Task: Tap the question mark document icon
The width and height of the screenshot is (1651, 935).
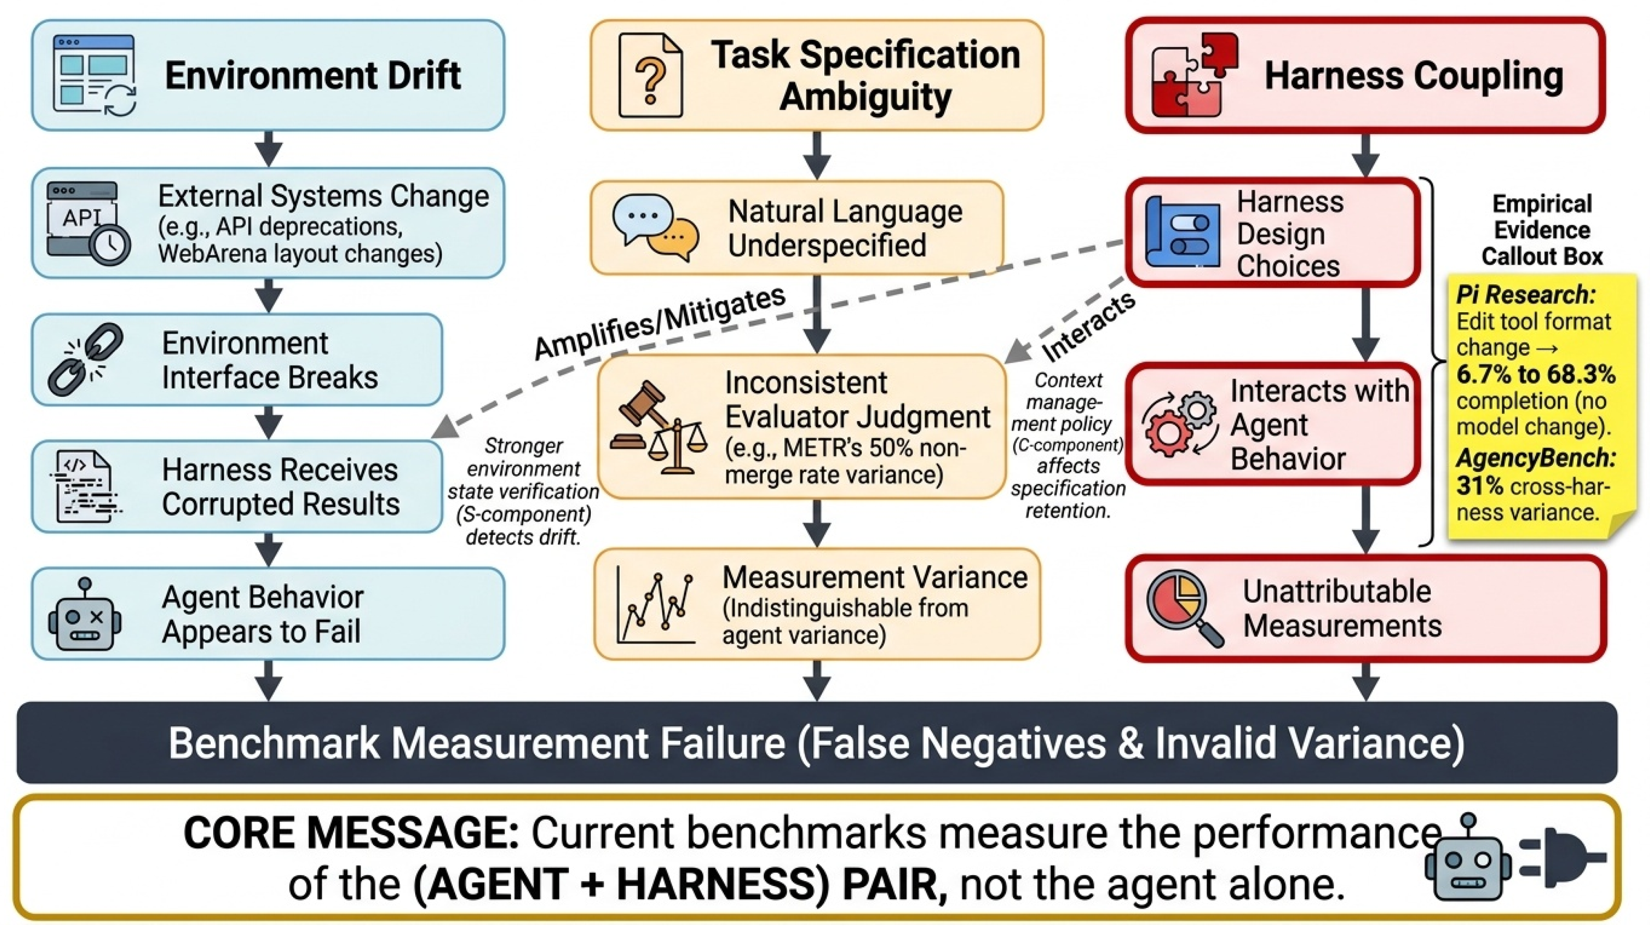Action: (650, 76)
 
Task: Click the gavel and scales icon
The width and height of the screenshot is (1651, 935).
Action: (658, 427)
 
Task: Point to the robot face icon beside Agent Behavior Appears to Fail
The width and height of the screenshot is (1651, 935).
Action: (85, 615)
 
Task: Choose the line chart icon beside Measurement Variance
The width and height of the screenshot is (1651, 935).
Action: (655, 604)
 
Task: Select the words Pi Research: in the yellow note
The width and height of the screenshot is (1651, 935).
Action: (1525, 295)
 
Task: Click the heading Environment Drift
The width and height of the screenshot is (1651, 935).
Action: (313, 76)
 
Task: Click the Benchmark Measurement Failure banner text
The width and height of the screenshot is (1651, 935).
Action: (817, 743)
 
